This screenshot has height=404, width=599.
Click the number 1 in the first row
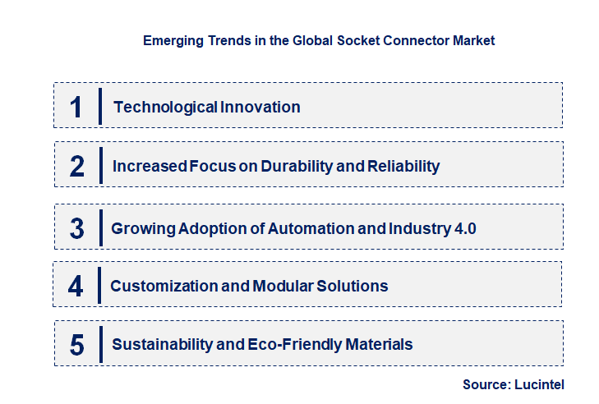coord(76,107)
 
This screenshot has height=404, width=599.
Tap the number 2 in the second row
coord(77,167)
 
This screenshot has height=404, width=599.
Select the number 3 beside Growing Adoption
coord(77,228)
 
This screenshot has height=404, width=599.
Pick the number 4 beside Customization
coord(76,287)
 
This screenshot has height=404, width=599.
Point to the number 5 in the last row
coord(77,345)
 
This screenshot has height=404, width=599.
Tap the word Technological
coord(164,107)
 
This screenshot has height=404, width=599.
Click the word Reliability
coord(403,167)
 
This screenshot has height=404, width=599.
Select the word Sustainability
coord(160,345)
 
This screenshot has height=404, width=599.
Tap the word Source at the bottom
coord(485,383)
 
